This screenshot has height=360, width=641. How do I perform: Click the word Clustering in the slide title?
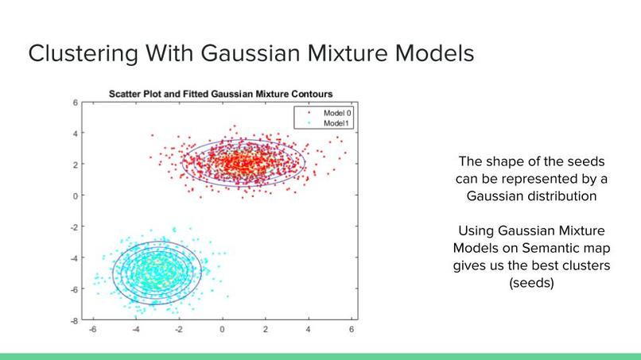pos(84,54)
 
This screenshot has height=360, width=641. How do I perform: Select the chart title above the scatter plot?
pos(221,94)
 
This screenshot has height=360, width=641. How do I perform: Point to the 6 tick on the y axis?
pos(76,103)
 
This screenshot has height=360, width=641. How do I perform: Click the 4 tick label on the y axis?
pos(76,134)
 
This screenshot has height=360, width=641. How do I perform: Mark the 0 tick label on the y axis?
pos(76,195)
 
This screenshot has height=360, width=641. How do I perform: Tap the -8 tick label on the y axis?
pos(74,321)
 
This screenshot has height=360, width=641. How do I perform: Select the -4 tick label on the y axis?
pos(74,258)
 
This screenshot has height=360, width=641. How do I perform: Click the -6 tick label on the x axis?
pos(93,329)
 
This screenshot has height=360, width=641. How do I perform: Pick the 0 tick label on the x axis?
pos(222,329)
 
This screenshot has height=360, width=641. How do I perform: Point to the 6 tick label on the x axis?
pos(352,329)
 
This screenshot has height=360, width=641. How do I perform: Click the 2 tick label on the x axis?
pos(266,329)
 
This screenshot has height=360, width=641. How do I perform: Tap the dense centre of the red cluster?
pos(241,163)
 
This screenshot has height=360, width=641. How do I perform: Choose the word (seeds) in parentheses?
pos(531,283)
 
